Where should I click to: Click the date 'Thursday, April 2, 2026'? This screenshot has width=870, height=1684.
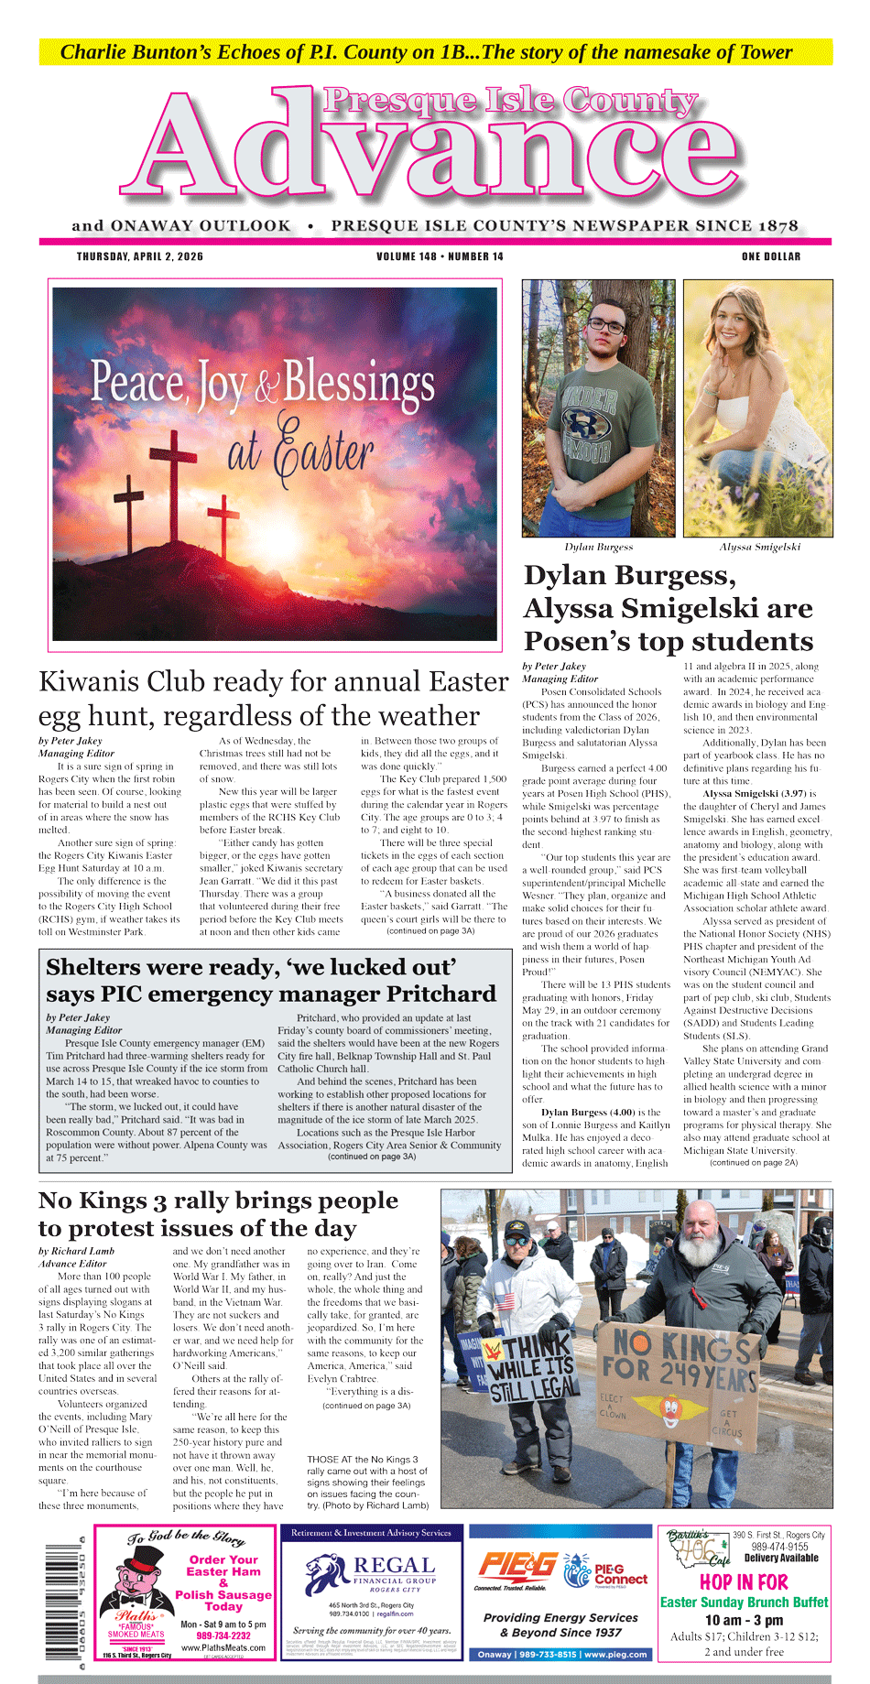(x=140, y=256)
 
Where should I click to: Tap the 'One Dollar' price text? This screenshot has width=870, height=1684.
(x=770, y=256)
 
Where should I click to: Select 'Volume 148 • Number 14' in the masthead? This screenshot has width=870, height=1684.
(x=440, y=256)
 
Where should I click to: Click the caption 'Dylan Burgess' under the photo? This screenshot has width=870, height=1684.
(x=598, y=547)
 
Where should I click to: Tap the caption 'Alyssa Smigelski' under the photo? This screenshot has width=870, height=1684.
(x=759, y=547)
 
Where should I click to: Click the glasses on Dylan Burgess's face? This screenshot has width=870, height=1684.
(x=604, y=325)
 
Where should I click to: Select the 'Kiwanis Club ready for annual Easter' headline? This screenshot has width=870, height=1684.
(x=273, y=682)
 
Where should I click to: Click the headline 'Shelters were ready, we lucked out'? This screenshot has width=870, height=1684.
(x=252, y=967)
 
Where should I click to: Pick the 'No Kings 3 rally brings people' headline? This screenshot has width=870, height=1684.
(x=218, y=1201)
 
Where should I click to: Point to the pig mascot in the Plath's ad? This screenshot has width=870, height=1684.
(x=137, y=1590)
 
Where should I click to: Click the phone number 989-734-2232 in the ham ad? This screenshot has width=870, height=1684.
(x=223, y=1635)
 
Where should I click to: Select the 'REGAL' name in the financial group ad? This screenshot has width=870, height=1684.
(x=394, y=1565)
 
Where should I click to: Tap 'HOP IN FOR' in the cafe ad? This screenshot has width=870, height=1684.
(x=743, y=1582)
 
